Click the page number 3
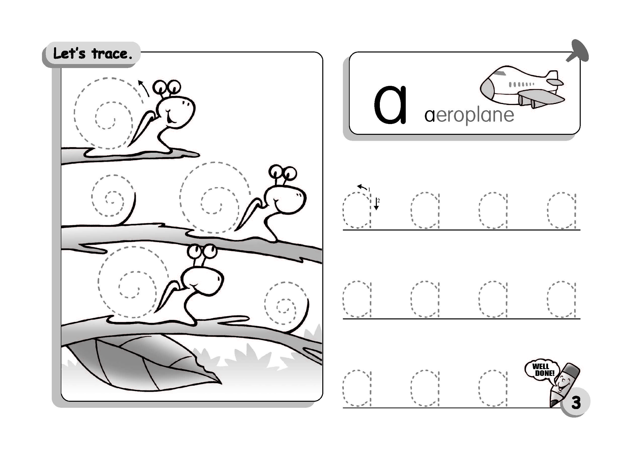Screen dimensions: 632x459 (x=576, y=403)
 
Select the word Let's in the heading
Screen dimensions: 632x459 (x=69, y=53)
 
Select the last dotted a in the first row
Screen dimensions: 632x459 (x=562, y=210)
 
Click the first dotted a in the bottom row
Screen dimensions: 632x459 (x=357, y=388)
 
